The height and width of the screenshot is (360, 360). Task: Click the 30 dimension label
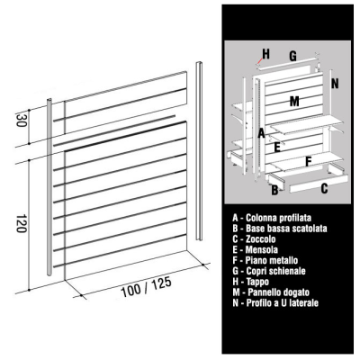click(20, 120)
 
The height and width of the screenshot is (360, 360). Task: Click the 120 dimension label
click(21, 223)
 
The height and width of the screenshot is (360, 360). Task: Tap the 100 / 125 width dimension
click(146, 287)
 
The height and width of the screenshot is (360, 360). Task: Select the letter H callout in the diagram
click(265, 54)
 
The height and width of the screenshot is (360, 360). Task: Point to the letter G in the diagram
click(292, 56)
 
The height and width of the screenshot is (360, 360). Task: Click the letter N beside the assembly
click(335, 84)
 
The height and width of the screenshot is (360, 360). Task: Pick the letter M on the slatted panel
click(294, 102)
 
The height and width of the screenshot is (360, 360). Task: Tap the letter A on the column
click(262, 133)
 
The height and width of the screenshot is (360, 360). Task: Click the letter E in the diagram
click(277, 148)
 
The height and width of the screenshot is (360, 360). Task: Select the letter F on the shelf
click(308, 161)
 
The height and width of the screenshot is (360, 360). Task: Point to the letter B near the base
click(274, 190)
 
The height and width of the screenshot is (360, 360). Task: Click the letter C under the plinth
click(324, 188)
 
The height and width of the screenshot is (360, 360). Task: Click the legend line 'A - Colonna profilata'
click(272, 218)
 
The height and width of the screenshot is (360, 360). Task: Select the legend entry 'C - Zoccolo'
click(254, 239)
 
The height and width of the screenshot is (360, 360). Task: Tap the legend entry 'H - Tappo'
click(251, 282)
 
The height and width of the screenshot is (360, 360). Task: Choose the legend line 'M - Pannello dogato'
click(271, 292)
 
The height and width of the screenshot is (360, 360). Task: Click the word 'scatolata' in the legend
click(309, 229)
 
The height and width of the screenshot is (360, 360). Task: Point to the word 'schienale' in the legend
click(286, 271)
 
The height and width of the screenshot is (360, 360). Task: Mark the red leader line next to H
click(258, 61)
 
